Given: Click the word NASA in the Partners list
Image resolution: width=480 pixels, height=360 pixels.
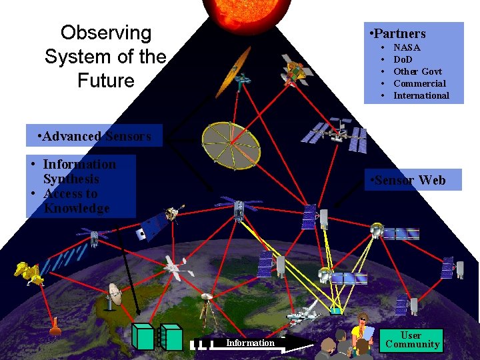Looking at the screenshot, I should tap(407, 47).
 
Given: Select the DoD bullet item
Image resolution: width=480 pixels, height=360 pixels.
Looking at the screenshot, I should tap(403, 59).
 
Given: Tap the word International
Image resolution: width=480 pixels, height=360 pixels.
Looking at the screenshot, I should tap(421, 95).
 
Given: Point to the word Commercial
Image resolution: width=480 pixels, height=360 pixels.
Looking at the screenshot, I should tap(419, 83).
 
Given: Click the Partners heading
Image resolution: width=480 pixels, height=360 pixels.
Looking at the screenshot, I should tap(399, 33).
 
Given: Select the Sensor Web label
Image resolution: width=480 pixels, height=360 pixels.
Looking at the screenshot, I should tap(410, 180).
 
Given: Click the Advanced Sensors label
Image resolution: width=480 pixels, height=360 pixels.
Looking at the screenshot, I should tap(95, 136).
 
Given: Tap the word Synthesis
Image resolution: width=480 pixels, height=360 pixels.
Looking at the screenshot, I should tap(71, 179).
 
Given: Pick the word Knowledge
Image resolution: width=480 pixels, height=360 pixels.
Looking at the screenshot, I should tap(77, 208).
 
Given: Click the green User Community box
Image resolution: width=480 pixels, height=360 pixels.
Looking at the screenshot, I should tap(411, 339).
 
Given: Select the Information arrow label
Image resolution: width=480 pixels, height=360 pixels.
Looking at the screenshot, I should tap(250, 343).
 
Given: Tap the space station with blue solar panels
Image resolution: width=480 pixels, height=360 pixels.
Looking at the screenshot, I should tap(335, 133).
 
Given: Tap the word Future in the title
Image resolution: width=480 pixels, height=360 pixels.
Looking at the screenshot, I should tap(105, 81).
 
